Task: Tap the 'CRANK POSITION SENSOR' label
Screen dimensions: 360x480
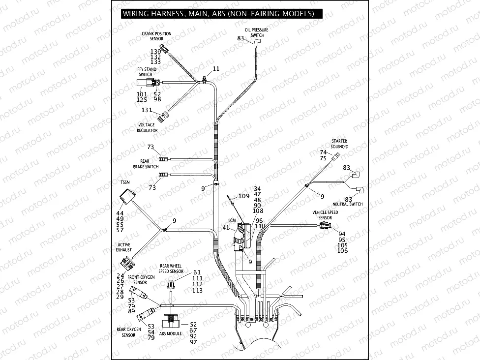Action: click(156, 36)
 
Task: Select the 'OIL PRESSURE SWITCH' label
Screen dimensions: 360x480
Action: click(257, 32)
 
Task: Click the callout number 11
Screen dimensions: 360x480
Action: click(216, 68)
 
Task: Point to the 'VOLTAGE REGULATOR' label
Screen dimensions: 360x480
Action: click(147, 128)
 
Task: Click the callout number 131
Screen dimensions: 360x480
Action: click(147, 110)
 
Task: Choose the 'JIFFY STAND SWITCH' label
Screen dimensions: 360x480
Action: click(146, 72)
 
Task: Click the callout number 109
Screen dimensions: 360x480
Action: click(244, 196)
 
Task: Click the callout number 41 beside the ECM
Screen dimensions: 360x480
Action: click(226, 228)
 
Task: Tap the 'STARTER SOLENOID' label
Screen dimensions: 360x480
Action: click(340, 144)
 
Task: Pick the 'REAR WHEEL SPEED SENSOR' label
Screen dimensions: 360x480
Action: click(171, 269)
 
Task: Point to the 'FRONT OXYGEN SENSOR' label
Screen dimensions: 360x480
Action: click(137, 280)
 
